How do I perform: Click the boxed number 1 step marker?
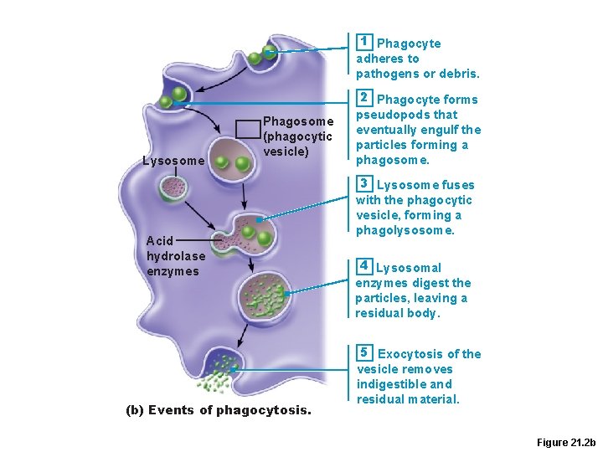(x=363, y=42)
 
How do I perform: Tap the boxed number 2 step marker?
(x=363, y=98)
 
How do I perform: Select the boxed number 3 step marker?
(x=363, y=183)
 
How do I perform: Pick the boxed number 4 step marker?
(x=363, y=266)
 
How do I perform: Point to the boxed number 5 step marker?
(x=363, y=352)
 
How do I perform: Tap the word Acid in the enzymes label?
(x=159, y=241)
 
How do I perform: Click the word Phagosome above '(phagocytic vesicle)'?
(x=298, y=121)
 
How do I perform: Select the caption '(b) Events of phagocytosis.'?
(x=218, y=410)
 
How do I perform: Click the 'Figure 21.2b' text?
(x=565, y=441)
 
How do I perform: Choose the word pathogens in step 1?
(x=388, y=74)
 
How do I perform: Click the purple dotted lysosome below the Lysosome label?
(x=175, y=187)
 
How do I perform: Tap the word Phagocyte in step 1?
(x=409, y=44)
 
